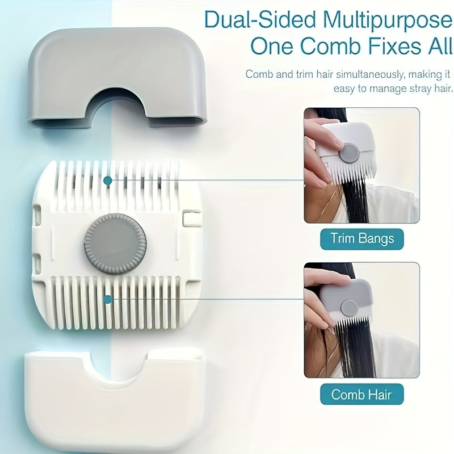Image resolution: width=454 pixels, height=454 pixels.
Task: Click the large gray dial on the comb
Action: point(115,244)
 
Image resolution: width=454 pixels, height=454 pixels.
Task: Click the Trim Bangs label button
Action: point(362,239)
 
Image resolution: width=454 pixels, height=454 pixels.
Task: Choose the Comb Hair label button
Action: point(361,394)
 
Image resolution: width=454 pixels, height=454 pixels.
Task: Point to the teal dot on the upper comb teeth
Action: point(108,180)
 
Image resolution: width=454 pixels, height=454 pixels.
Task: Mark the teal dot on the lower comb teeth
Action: point(108,299)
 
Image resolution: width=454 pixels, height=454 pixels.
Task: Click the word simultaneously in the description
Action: point(371,75)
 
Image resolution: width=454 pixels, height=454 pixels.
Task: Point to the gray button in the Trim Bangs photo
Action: point(350,153)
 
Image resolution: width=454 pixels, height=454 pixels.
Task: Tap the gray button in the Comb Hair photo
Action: point(349,308)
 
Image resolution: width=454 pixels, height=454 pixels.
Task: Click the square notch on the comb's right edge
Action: point(192,218)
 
